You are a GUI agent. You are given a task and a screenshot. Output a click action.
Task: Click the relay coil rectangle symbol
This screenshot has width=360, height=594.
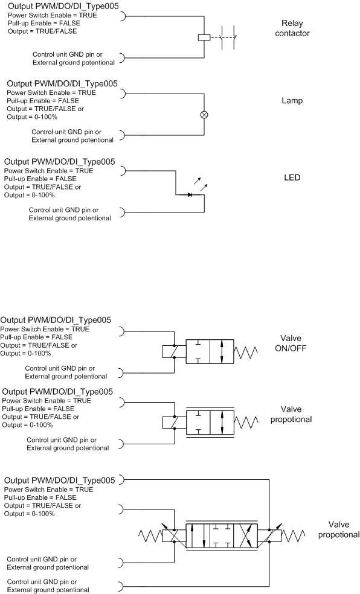tap(204, 37)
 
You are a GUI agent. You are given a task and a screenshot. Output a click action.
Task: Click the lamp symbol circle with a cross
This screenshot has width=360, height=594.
tap(204, 115)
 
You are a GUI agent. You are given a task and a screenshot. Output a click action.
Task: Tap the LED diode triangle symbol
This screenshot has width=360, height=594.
tap(190, 195)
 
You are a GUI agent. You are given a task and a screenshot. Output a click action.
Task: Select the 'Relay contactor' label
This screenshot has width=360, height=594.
tap(292, 28)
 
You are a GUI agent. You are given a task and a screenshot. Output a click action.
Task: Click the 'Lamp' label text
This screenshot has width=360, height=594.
tap(292, 101)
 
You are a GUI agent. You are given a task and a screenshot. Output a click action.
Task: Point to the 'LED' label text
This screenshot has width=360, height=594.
tap(292, 177)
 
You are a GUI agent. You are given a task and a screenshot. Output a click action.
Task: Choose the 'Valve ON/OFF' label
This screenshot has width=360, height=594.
tap(291, 343)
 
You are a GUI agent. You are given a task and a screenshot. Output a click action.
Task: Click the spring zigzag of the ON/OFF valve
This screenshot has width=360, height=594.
tap(246, 352)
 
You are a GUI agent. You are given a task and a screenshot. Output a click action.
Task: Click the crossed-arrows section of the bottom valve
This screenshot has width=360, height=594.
tap(246, 536)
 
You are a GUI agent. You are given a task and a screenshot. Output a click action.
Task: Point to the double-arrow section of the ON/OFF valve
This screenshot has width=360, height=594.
tap(222, 352)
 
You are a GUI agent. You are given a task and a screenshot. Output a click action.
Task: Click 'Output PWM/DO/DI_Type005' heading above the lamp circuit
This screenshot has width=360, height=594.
tap(62, 84)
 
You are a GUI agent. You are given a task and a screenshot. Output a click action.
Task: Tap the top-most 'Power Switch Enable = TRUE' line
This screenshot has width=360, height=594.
tap(53, 15)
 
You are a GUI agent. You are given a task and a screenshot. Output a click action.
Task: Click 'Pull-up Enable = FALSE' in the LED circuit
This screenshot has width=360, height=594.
tap(40, 179)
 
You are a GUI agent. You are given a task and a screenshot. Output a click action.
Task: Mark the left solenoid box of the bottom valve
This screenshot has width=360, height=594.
tap(174, 536)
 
